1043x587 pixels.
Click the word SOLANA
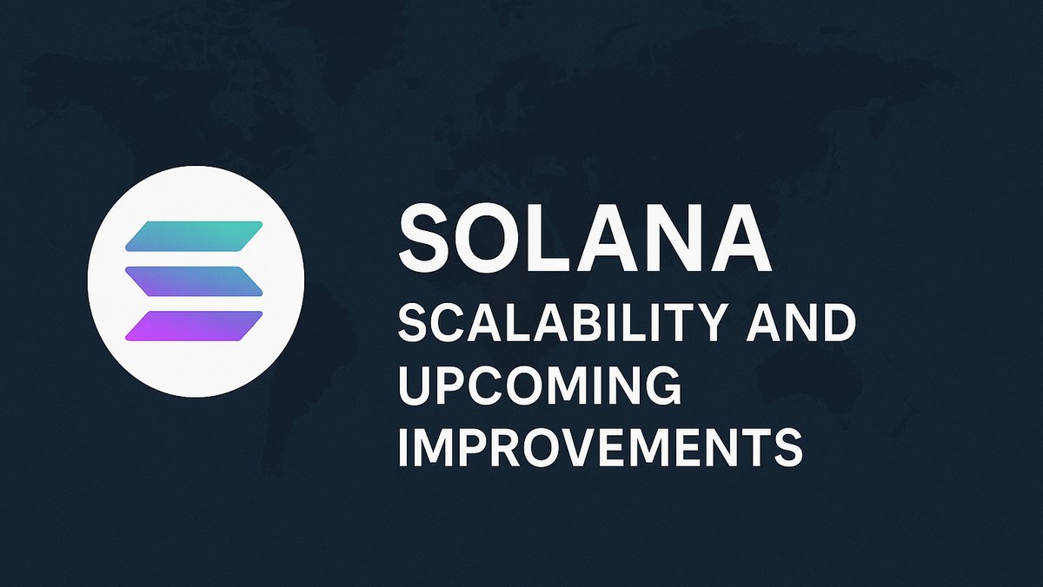pyautogui.click(x=584, y=236)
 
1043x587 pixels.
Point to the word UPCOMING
pyautogui.click(x=539, y=387)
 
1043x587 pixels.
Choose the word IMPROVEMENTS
pyautogui.click(x=599, y=449)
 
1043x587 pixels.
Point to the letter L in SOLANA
pyautogui.click(x=551, y=236)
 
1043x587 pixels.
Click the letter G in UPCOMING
pyautogui.click(x=662, y=387)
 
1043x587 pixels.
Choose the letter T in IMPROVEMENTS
pyautogui.click(x=752, y=449)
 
